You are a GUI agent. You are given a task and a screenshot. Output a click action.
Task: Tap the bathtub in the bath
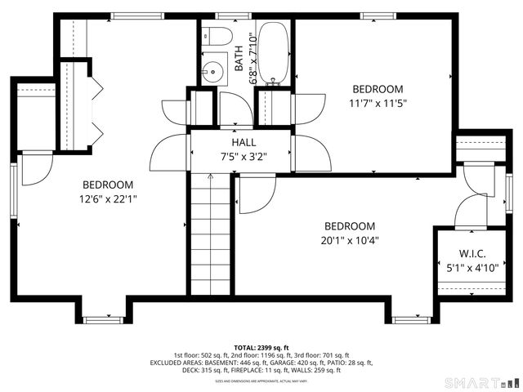coord(274,52)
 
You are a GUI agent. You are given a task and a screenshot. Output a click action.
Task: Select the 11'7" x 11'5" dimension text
coord(378,103)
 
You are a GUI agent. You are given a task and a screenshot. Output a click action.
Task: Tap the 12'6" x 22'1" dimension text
coord(107,198)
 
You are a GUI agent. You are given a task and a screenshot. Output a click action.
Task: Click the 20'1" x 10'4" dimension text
coord(350,240)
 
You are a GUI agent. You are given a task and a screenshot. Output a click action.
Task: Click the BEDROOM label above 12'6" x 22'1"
coord(107,185)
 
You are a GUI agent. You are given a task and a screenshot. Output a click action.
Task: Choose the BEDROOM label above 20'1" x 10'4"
coord(350,226)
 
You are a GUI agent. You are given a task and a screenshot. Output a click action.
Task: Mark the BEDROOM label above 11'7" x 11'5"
coord(378,89)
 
